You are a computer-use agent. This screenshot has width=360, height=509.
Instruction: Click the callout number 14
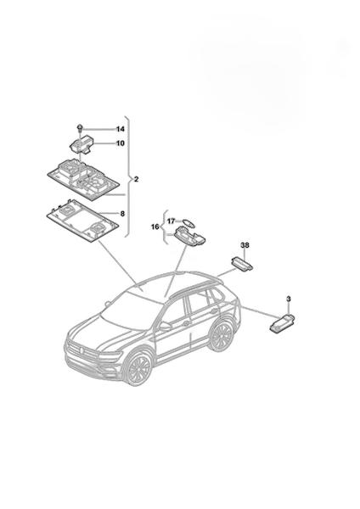pos(121,129)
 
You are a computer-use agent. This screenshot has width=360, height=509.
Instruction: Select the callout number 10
pos(121,143)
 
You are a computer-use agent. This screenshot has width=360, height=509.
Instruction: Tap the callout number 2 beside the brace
pos(136,179)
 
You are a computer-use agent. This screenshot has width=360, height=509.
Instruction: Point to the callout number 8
pos(122,214)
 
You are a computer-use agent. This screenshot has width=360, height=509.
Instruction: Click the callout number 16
pos(155,227)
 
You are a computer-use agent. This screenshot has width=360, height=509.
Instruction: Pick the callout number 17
pos(172,221)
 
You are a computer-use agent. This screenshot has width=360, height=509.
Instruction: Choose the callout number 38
pos(245,245)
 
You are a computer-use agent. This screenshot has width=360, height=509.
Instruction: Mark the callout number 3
pos(289,299)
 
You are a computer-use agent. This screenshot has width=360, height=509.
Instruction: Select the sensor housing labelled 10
pos(82,144)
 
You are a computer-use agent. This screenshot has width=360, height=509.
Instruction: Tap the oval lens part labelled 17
pos(188,222)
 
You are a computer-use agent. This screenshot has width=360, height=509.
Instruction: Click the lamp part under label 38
pos(242,263)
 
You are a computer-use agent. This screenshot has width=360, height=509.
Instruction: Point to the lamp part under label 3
pos(282,323)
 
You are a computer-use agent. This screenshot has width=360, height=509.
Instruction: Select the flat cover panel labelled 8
pos(82,221)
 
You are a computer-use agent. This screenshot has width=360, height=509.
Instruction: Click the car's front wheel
pos(138,369)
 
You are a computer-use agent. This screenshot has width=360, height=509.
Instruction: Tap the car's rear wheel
pos(222,336)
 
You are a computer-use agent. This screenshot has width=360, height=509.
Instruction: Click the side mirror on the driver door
pos(165,327)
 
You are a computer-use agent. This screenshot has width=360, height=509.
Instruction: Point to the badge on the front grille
pos(81,350)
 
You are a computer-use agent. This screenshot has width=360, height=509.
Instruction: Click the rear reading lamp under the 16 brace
pos(189,236)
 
